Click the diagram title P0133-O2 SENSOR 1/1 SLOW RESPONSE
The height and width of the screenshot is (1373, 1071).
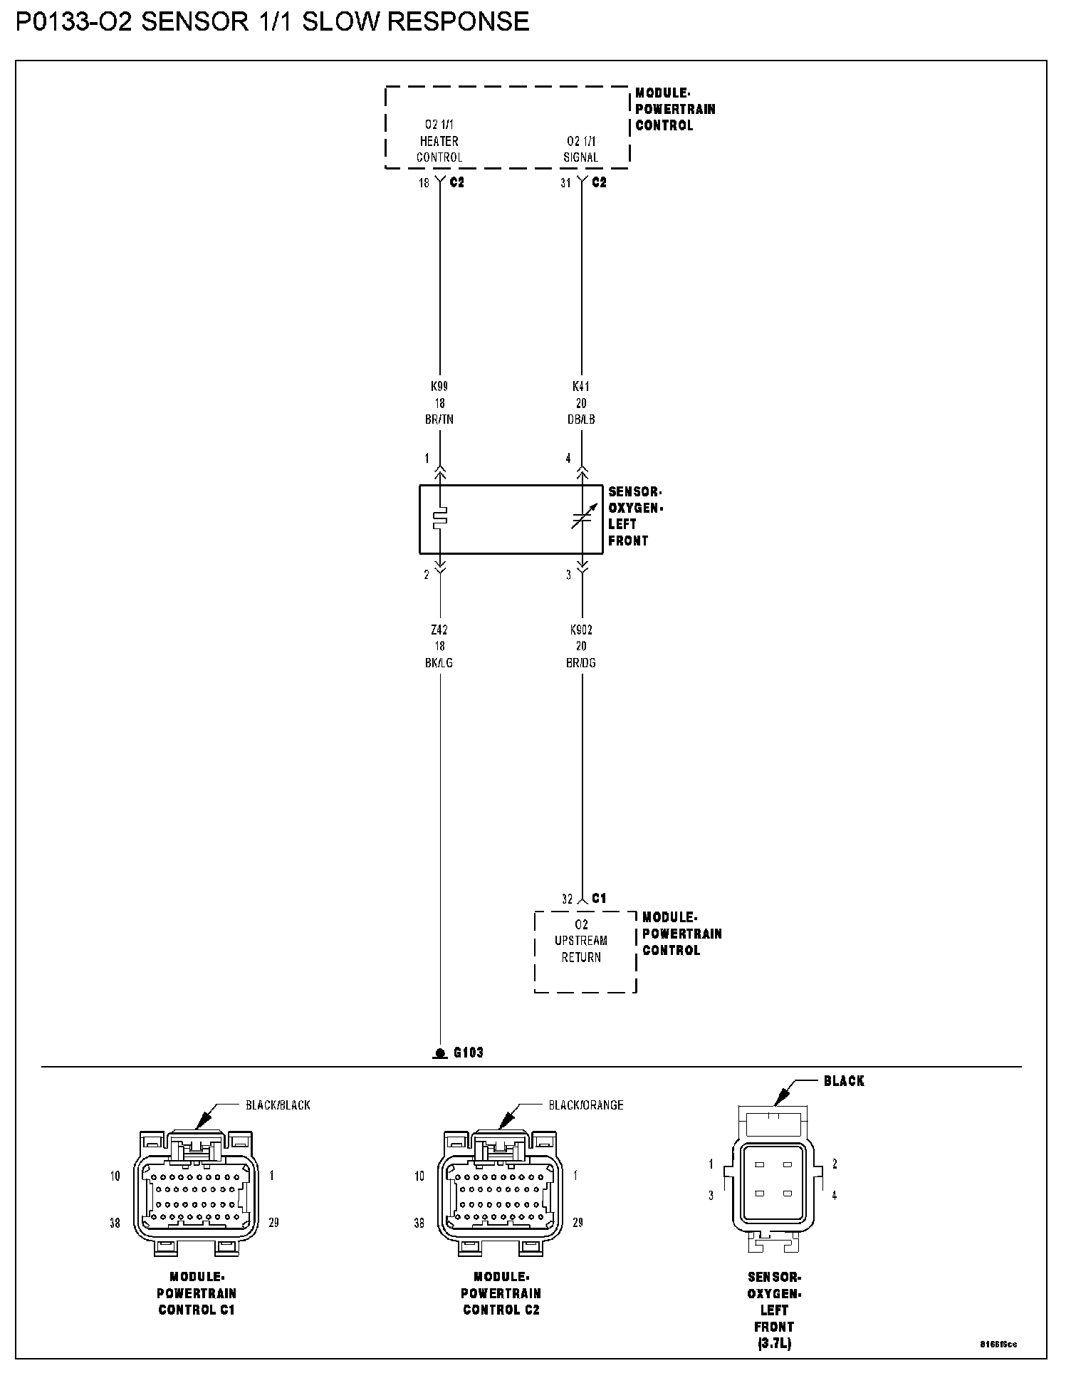[272, 22]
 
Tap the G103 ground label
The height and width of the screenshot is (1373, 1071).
[469, 1052]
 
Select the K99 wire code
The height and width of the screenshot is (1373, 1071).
[439, 386]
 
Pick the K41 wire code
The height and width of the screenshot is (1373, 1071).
[581, 386]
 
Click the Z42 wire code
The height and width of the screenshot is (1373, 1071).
[439, 630]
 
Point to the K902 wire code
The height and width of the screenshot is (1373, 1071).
[581, 630]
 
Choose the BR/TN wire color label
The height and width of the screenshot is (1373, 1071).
[439, 419]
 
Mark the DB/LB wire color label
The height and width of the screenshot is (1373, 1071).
[581, 419]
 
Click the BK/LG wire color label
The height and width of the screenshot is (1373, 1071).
[439, 662]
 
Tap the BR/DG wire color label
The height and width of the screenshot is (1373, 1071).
[581, 662]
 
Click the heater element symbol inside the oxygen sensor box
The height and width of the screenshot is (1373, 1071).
[440, 518]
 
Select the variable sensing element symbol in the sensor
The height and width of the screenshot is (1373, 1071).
[581, 519]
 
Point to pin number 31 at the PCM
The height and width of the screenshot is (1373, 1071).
[565, 183]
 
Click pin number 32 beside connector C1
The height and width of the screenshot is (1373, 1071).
[567, 899]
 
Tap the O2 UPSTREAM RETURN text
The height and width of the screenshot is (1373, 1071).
[581, 941]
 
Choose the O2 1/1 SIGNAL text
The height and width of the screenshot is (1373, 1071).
[581, 149]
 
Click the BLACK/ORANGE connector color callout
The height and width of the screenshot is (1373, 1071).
[585, 1105]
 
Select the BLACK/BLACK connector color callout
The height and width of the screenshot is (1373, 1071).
[278, 1105]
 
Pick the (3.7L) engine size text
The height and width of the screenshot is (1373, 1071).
[773, 1344]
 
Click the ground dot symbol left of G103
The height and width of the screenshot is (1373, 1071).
[440, 1053]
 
